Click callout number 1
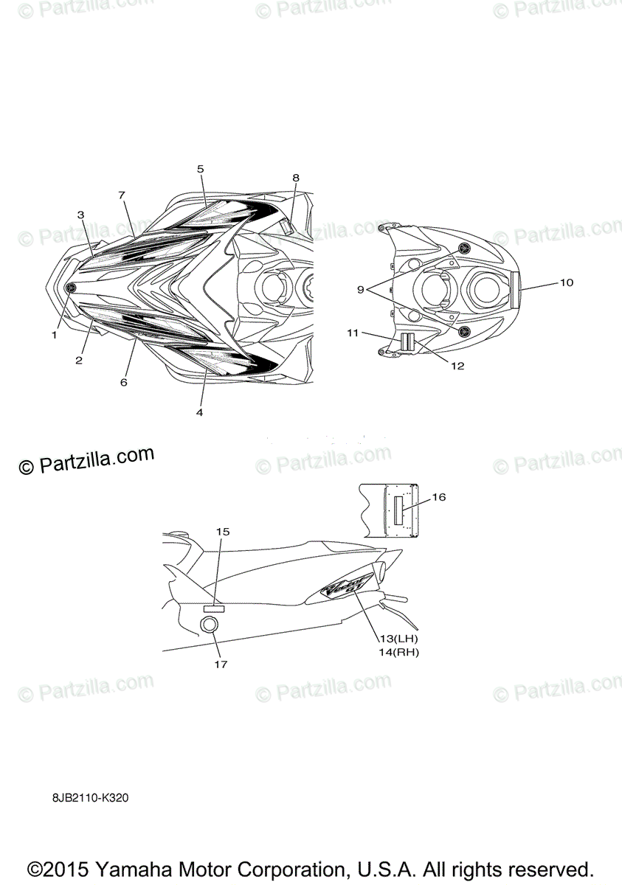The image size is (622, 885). pos(54,334)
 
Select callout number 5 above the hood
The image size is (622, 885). pos(201,169)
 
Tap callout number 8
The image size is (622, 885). pos(296,178)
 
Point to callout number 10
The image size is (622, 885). pos(567,282)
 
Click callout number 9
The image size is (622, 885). pos(361,290)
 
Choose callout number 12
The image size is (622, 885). pos(457,366)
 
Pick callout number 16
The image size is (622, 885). pos(439,497)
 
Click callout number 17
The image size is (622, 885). pos(221,664)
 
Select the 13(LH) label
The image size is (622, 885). pos(398,638)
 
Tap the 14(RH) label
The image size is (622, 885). pos(398,652)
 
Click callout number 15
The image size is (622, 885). pos(223,531)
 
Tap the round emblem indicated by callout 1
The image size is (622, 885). pos(71,288)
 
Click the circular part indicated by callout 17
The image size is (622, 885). pos(210,625)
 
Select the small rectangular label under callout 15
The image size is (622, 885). pos(214,608)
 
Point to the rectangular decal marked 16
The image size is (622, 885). pos(399,510)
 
